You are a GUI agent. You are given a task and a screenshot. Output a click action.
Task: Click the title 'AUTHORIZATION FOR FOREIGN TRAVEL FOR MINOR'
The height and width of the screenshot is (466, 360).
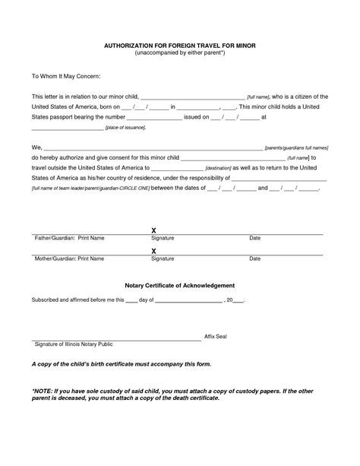[179, 46]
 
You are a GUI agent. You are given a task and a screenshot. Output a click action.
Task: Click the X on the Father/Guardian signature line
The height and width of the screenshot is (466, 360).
[153, 229]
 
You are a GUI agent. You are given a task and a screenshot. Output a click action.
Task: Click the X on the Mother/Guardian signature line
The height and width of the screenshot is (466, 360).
[153, 250]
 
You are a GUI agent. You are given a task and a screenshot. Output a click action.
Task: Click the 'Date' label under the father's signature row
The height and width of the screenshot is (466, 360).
[255, 238]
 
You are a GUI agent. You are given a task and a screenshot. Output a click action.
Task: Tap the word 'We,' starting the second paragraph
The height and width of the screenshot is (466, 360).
[36, 145]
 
